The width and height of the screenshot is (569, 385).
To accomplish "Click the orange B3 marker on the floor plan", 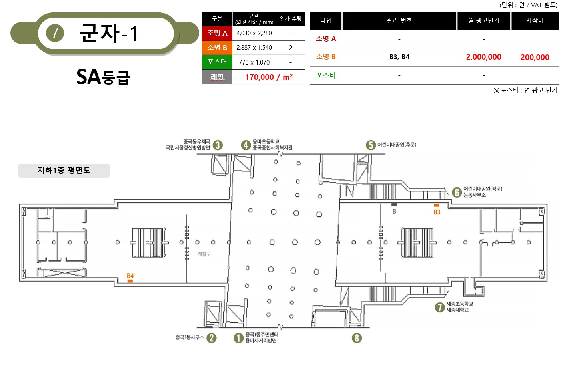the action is coord(437,205).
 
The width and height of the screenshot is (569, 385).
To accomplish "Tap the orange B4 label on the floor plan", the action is coord(130,276).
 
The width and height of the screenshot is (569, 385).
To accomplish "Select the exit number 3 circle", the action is coord(218,145).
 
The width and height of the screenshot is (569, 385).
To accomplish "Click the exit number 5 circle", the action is coord(371,145).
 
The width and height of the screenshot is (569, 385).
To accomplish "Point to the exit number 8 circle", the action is coord(357,338).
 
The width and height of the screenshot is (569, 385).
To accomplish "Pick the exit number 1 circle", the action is coord(239,338).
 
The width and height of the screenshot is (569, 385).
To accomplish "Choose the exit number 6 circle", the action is coord(457,192).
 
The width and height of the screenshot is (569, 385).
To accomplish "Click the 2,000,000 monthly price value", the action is coord(484,57).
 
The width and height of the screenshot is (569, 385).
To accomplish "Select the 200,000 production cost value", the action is coord(535,57).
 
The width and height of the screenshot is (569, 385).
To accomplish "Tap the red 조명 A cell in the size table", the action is coord(217,33).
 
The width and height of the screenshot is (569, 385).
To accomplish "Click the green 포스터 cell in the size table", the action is coord(217,62).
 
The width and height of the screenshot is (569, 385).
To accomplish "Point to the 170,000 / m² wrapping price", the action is coord(269,77).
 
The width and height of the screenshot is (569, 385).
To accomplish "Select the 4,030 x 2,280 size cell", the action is coord(254,33).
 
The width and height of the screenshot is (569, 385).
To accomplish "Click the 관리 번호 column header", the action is coord(399,20).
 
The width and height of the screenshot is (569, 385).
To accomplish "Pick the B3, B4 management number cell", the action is coord(399,57).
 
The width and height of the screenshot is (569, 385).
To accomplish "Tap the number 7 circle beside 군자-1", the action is coord(55,33).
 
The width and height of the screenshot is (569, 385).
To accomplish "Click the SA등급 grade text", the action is coord(103,77).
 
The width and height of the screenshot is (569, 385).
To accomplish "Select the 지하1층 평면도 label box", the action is coord(64,171).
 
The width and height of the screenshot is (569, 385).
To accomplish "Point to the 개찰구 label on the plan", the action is coord(204,254).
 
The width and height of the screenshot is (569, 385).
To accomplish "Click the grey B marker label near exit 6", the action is coord(394,211).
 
